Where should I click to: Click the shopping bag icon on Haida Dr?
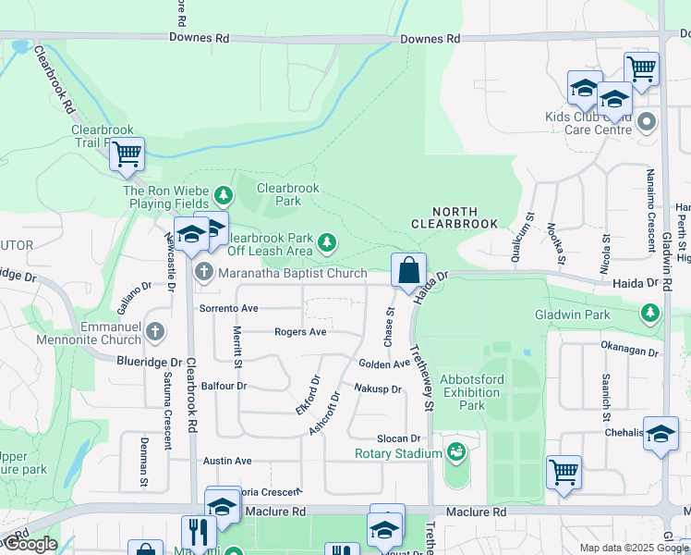pos(408,271)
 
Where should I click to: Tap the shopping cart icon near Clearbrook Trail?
pos(127,154)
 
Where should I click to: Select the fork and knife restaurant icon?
pos(199,533)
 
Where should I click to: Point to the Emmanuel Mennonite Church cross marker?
pos(155,330)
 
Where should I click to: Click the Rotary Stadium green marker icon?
pos(455,452)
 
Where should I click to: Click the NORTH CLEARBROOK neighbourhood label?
pos(454,217)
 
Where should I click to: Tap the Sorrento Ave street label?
pos(228,307)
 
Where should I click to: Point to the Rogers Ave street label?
pos(300,331)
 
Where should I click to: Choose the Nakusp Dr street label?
pos(378,388)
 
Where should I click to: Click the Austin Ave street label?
pos(227,460)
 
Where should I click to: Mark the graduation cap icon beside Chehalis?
pos(661,434)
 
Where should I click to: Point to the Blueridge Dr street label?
pos(150,363)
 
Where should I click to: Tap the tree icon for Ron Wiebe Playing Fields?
pos(223,195)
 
